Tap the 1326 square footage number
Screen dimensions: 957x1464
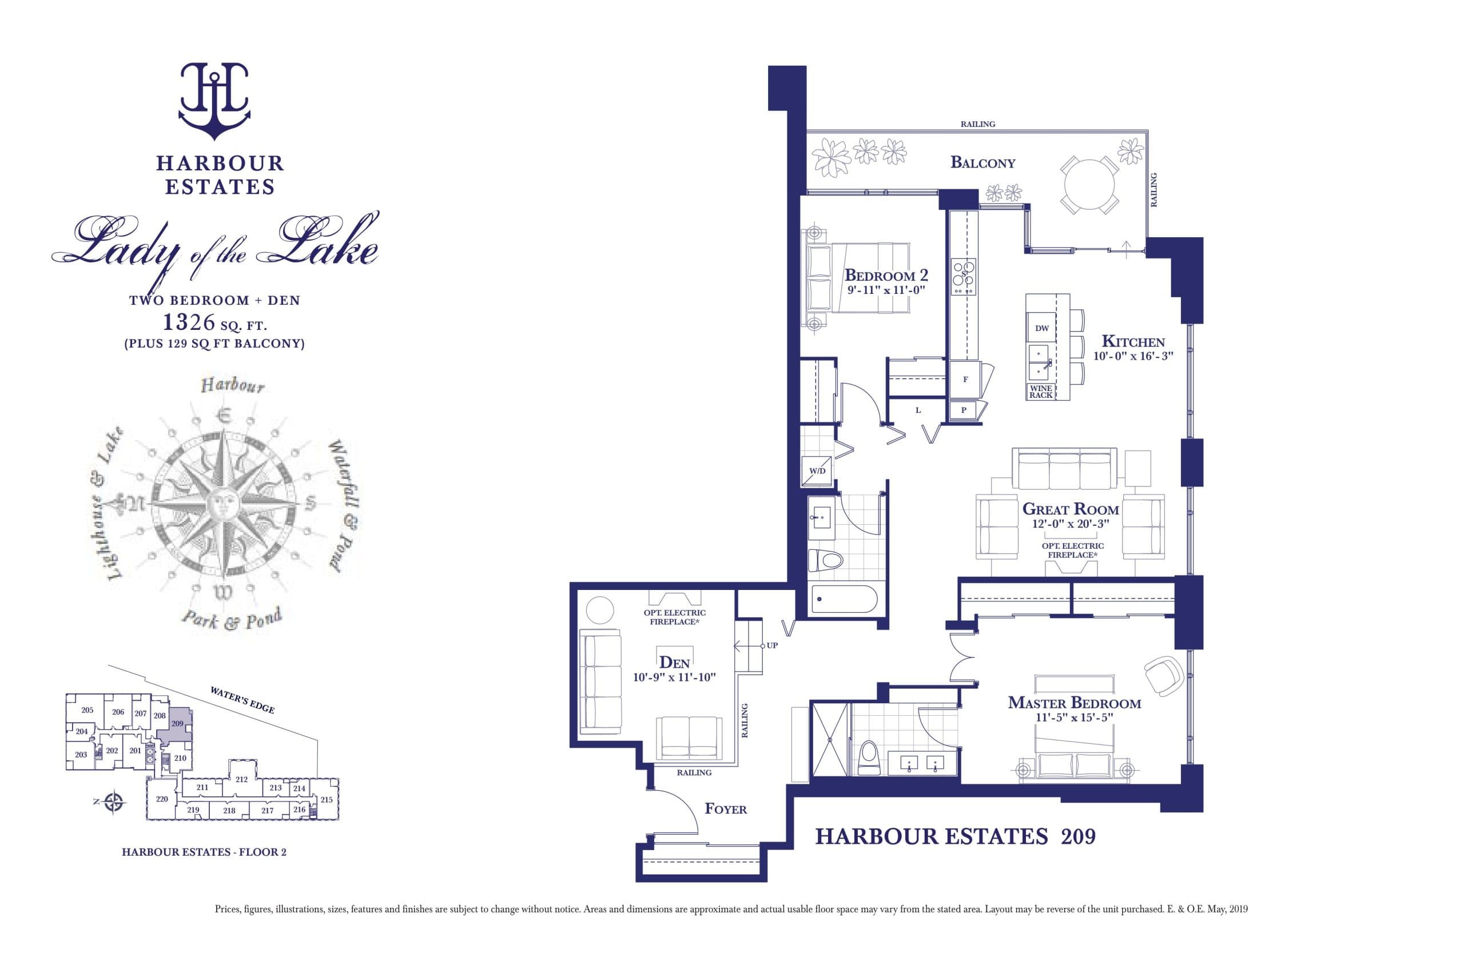tap(189, 322)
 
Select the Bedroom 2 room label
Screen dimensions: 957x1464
tap(886, 275)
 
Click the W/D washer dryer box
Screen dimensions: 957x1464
tap(817, 471)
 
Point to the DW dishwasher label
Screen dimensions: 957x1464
tap(1041, 328)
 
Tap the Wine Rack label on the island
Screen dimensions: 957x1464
tap(1040, 392)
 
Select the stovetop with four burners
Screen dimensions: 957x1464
tap(963, 277)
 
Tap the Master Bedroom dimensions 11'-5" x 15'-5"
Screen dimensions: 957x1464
tap(1074, 717)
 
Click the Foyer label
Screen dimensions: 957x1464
tap(725, 809)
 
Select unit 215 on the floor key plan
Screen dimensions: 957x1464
tap(326, 800)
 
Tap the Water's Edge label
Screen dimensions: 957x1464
tap(242, 700)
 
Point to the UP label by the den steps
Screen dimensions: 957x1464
tap(772, 646)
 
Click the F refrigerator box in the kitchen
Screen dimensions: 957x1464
tap(965, 380)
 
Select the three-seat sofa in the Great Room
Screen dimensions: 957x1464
tap(1064, 469)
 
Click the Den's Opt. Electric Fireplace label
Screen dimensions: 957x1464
tap(674, 617)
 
